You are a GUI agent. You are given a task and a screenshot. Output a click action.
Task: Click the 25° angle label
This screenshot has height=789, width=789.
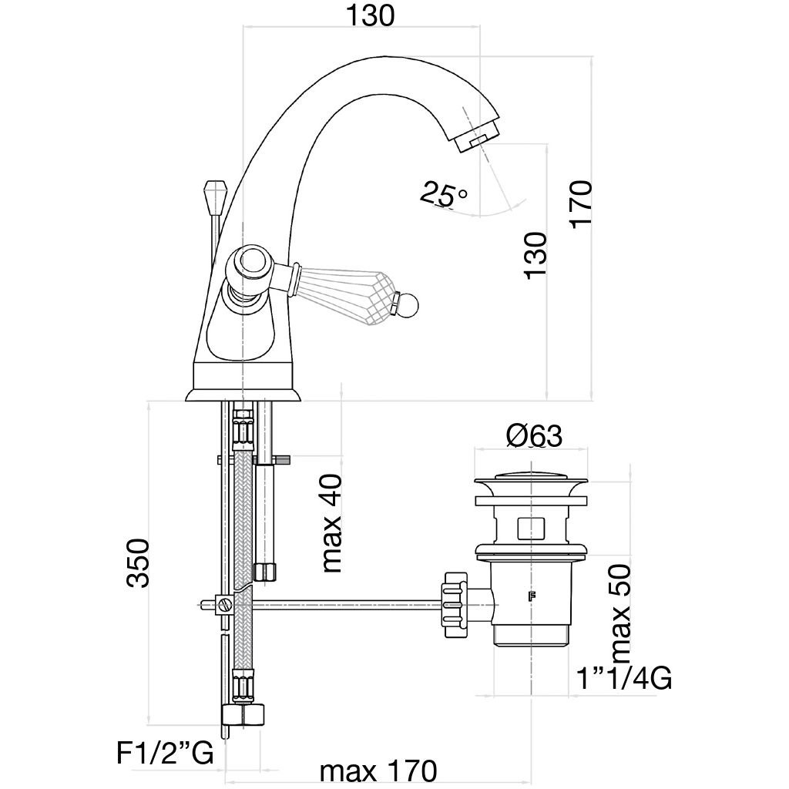click(443, 193)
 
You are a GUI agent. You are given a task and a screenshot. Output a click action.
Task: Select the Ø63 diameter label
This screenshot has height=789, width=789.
click(534, 436)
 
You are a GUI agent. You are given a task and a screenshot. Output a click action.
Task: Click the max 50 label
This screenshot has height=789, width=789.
click(620, 614)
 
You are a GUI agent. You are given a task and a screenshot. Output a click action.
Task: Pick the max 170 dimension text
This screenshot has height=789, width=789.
click(378, 770)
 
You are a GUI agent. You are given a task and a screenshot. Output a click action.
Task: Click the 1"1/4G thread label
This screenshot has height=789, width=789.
click(624, 679)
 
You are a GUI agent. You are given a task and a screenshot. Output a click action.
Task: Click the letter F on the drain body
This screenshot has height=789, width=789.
click(531, 595)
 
